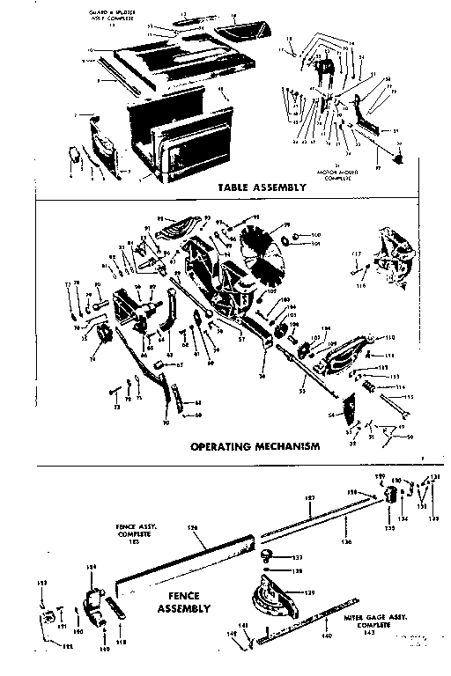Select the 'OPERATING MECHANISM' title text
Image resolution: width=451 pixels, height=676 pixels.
255,446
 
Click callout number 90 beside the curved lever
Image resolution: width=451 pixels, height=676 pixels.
166,422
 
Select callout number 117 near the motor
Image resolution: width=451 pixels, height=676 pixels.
357,255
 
